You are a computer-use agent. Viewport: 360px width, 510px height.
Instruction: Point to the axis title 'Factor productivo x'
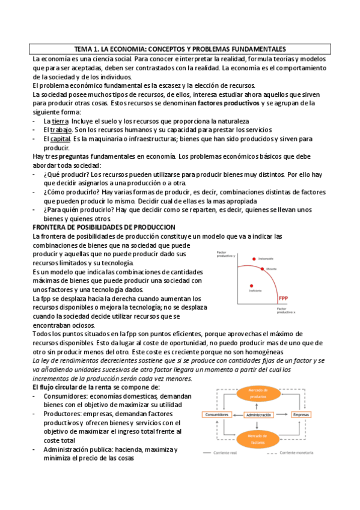(286, 310)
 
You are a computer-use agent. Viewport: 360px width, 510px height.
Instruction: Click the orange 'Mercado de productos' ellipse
(257, 393)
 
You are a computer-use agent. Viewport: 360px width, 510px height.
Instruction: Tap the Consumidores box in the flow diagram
(219, 415)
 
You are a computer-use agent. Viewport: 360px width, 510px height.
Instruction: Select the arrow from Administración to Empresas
(281, 415)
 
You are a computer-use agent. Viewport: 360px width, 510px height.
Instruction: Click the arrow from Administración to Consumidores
(237, 415)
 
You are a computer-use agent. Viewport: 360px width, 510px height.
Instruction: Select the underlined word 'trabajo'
(61, 130)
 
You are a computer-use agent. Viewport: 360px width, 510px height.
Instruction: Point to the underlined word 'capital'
(61, 138)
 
